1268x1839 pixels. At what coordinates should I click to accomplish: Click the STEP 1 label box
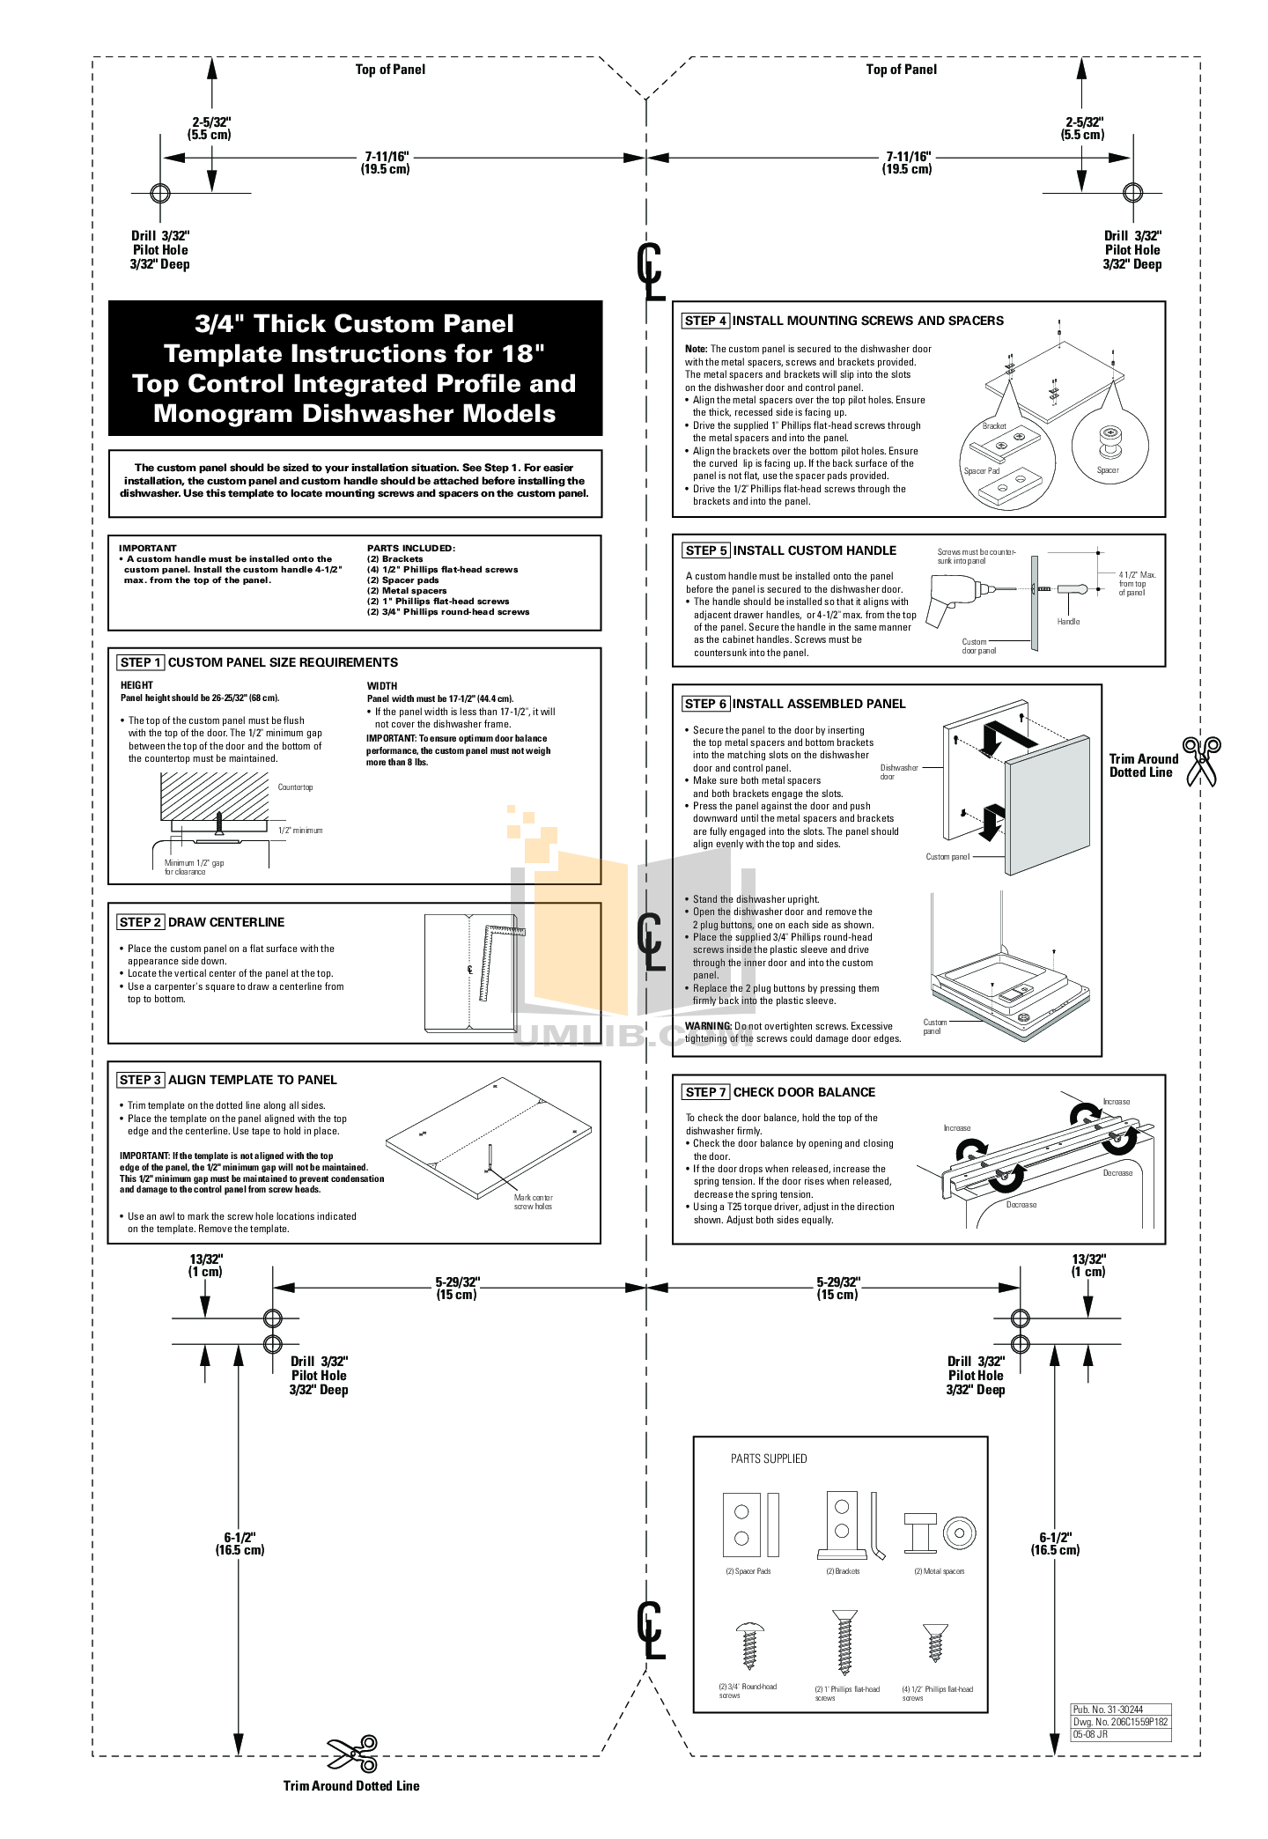tap(141, 662)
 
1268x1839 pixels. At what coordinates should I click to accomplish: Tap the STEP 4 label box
tap(705, 321)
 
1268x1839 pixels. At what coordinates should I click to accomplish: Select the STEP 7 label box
tap(706, 1092)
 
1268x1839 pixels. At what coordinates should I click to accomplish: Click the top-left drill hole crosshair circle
tap(160, 193)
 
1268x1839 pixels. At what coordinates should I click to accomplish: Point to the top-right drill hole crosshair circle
tap(1132, 193)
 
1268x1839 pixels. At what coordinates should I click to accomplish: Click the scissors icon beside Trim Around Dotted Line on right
tap(1201, 762)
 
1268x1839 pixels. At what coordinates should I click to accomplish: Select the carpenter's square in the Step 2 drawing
tap(498, 960)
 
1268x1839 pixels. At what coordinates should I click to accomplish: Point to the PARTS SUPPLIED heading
tap(768, 1459)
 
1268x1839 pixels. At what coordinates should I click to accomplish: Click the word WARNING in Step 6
tap(708, 1026)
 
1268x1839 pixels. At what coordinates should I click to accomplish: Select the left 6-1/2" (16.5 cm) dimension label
tap(240, 1543)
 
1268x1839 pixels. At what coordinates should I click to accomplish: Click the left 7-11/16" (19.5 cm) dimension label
tap(386, 163)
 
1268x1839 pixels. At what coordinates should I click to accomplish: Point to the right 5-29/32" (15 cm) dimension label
tap(837, 1289)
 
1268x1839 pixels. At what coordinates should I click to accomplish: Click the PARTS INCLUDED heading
tap(410, 548)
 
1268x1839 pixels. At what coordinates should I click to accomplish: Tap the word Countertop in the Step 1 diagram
tap(295, 787)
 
